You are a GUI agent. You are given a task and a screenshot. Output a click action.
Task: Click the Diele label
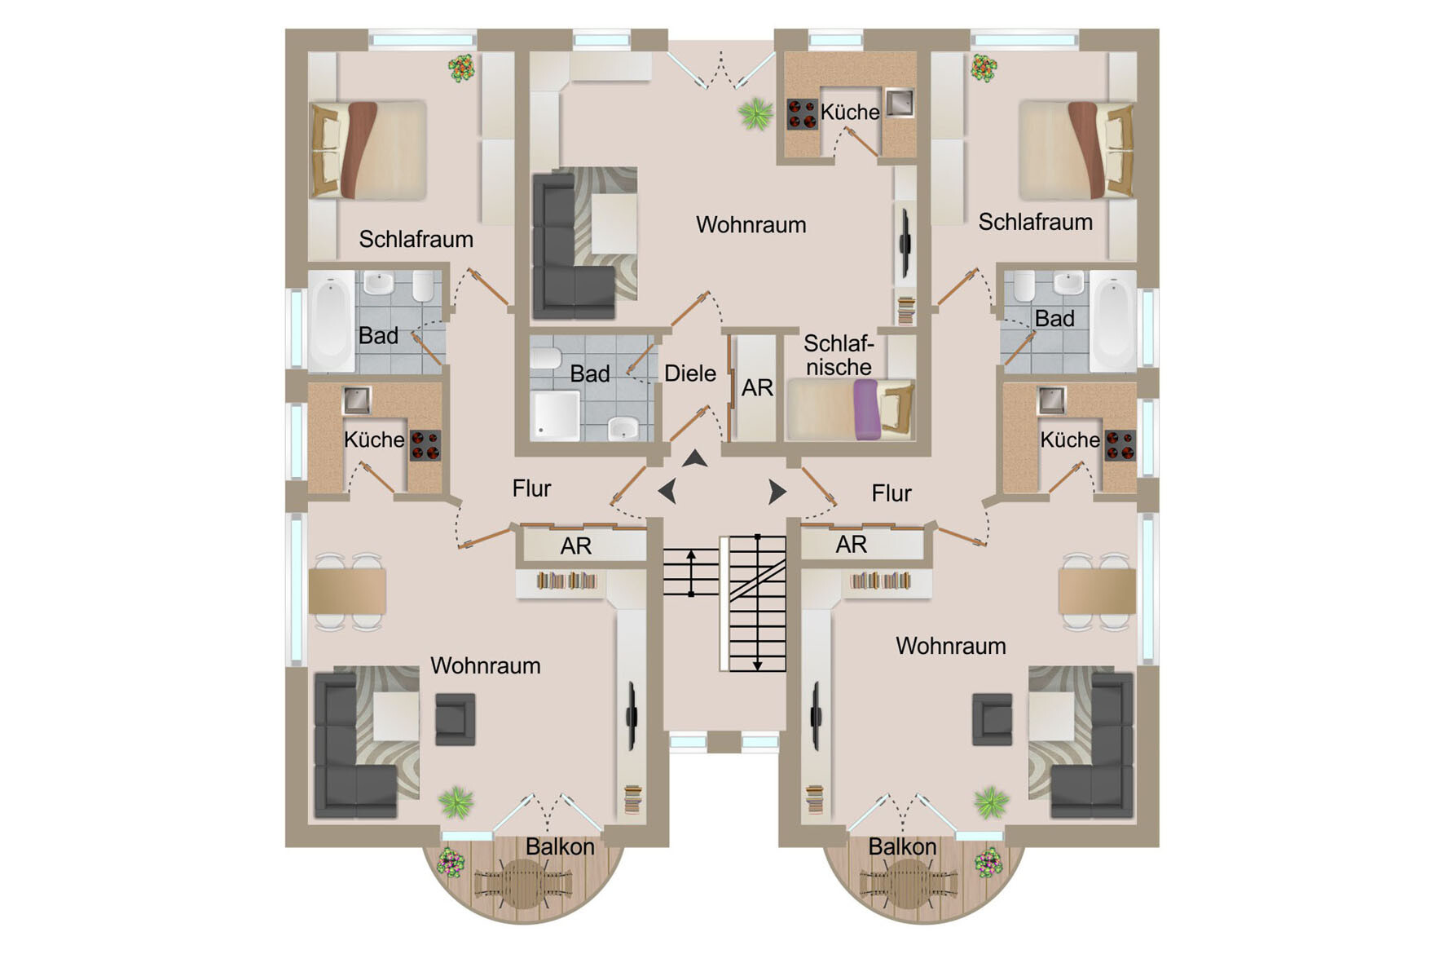click(x=690, y=373)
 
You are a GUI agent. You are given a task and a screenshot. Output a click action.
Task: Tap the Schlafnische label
click(x=839, y=356)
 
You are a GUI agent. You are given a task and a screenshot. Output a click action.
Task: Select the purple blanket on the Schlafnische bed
click(x=866, y=409)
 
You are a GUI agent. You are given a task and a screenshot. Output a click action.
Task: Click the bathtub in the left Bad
click(x=331, y=322)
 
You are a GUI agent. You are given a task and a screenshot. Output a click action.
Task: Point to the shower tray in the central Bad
click(x=556, y=415)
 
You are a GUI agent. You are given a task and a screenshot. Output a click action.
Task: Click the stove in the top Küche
click(x=802, y=114)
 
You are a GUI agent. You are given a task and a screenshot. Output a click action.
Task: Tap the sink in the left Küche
click(x=356, y=400)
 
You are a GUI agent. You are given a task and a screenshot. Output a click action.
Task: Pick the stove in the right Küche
click(x=1120, y=445)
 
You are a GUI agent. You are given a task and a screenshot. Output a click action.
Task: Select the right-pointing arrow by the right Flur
click(x=777, y=492)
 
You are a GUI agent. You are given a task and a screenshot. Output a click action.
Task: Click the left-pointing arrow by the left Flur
click(x=667, y=491)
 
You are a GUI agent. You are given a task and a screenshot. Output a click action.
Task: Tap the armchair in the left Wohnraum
click(x=455, y=719)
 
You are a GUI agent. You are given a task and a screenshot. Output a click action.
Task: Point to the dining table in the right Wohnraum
click(x=1097, y=591)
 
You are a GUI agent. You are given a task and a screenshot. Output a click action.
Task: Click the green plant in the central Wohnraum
click(x=755, y=114)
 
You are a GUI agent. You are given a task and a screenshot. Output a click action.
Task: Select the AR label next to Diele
click(x=757, y=388)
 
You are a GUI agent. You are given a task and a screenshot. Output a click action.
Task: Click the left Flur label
click(x=531, y=488)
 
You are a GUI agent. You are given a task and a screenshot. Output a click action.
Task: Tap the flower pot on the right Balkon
click(x=989, y=862)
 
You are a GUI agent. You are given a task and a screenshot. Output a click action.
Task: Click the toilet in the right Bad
click(x=1024, y=286)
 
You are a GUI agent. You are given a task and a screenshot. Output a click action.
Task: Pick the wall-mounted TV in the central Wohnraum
click(x=904, y=242)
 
